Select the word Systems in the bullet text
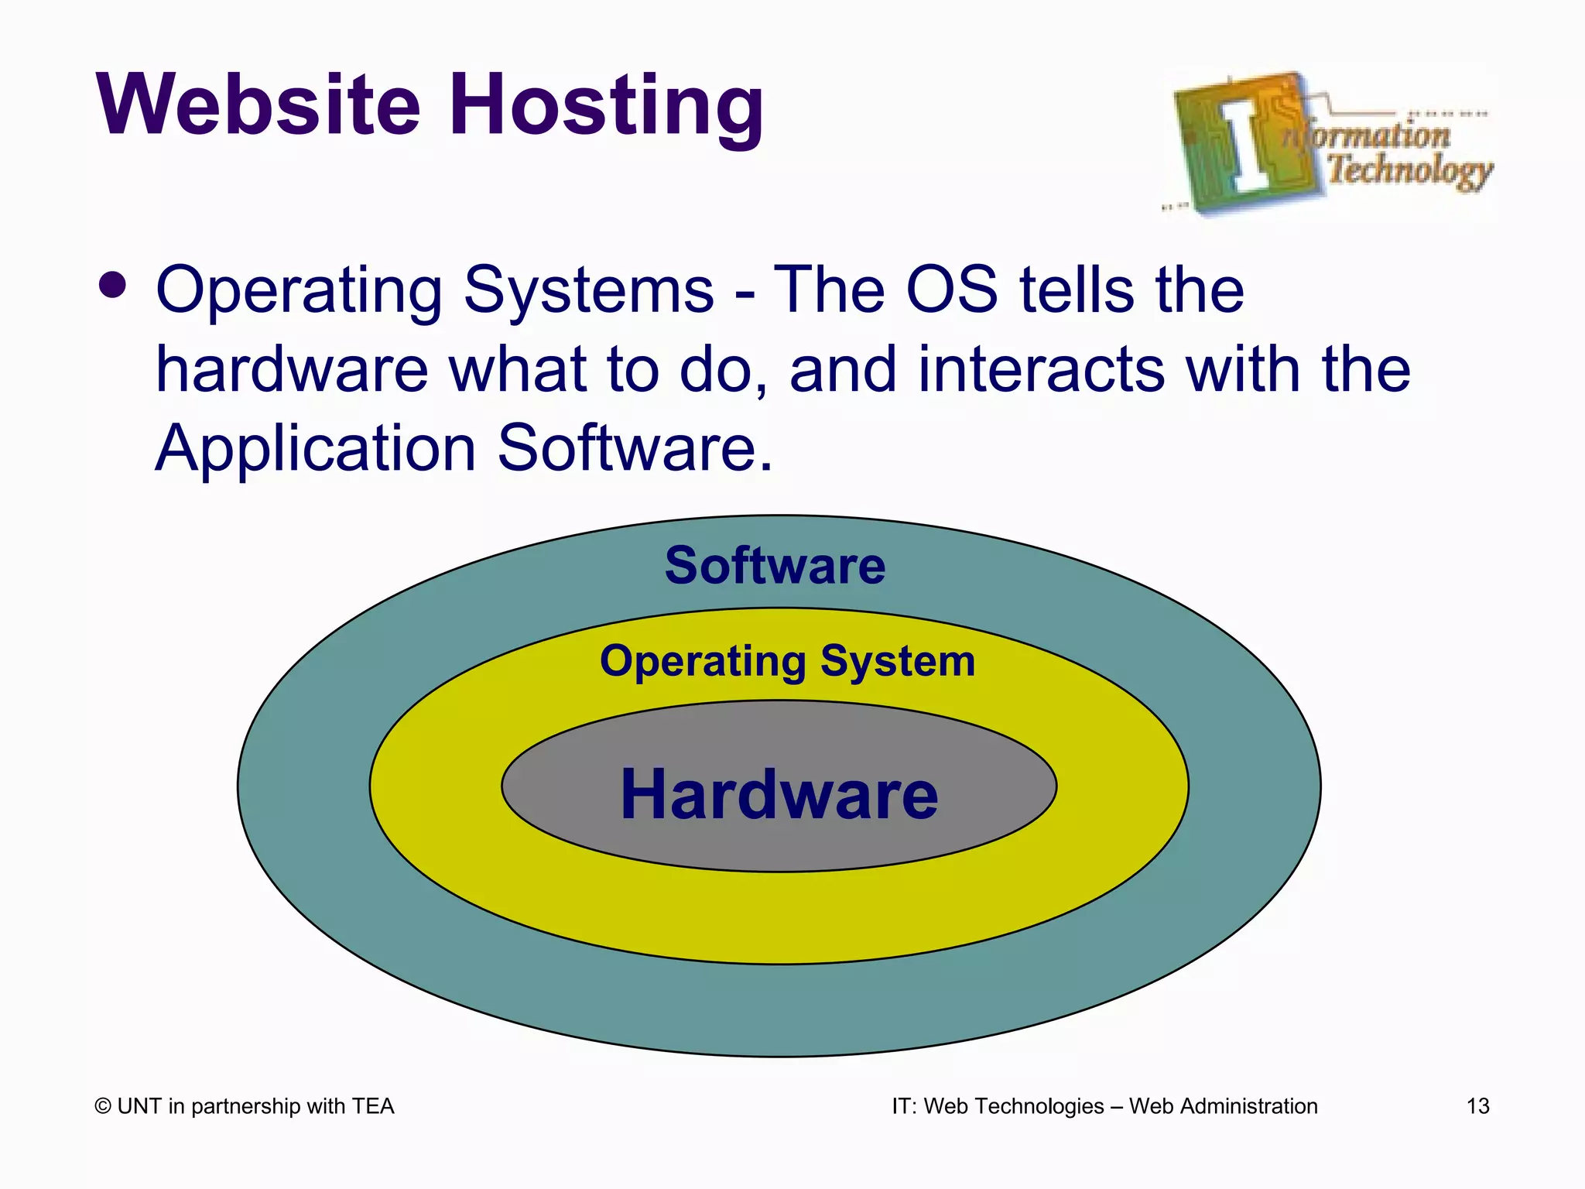tap(588, 290)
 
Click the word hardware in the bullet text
tap(292, 370)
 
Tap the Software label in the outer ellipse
tap(775, 565)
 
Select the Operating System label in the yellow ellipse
tap(787, 662)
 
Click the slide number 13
tap(1477, 1106)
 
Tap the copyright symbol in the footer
tap(103, 1107)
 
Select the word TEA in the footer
tap(373, 1106)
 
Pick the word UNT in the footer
tap(139, 1106)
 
